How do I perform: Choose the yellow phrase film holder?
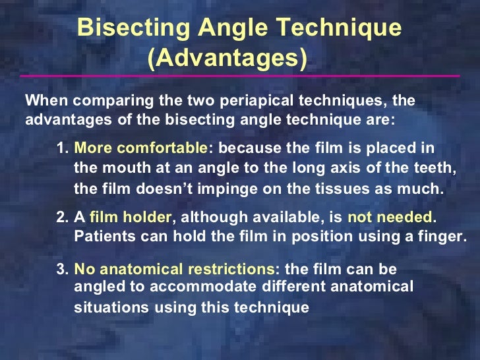(x=130, y=218)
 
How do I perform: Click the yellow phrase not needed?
(x=390, y=218)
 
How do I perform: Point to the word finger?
(x=444, y=235)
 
